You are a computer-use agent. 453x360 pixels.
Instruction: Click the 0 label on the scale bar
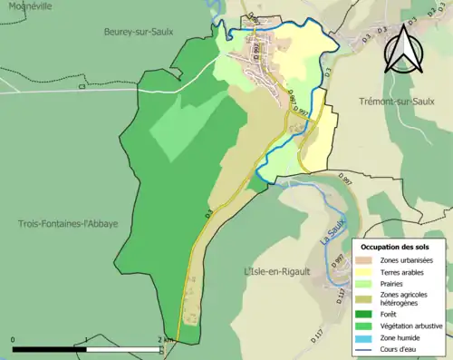(x=13, y=340)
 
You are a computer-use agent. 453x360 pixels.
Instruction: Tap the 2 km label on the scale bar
(x=166, y=340)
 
